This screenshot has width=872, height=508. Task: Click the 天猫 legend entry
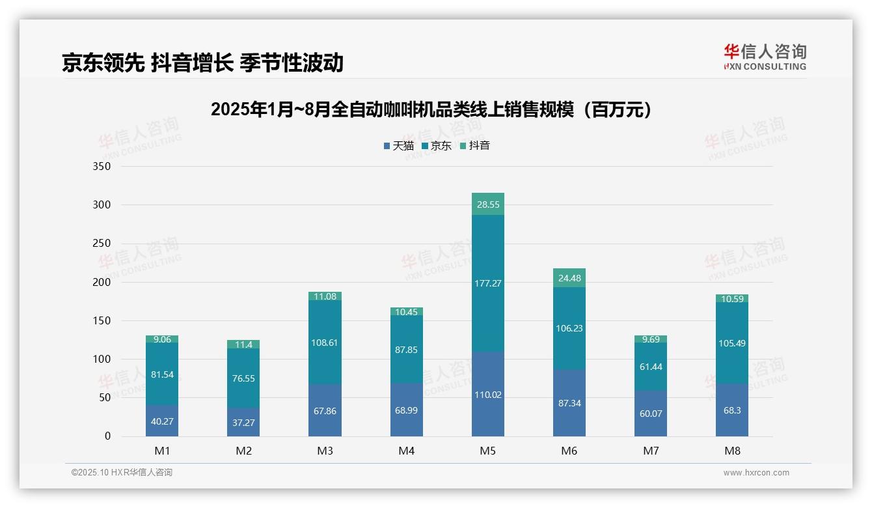(x=399, y=146)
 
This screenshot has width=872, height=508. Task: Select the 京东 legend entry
(x=437, y=146)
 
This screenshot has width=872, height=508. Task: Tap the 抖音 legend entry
(x=475, y=146)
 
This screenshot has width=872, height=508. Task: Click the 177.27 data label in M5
(x=488, y=283)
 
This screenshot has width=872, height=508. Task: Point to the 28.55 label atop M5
(x=488, y=205)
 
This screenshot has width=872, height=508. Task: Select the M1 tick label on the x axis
(x=162, y=451)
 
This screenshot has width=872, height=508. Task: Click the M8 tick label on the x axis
(x=732, y=451)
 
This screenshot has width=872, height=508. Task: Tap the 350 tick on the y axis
(x=102, y=167)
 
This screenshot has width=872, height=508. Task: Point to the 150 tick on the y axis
(x=102, y=320)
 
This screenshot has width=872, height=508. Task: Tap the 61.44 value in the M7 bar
(x=651, y=367)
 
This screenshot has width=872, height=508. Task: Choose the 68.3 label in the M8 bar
(x=732, y=414)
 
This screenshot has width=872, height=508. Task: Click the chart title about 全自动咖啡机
(x=431, y=109)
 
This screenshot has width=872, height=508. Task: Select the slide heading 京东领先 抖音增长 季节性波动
(x=202, y=63)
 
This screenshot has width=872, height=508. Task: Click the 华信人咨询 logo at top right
(x=765, y=57)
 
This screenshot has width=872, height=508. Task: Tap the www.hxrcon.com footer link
(x=756, y=473)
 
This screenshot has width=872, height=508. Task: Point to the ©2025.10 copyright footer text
(x=122, y=473)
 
